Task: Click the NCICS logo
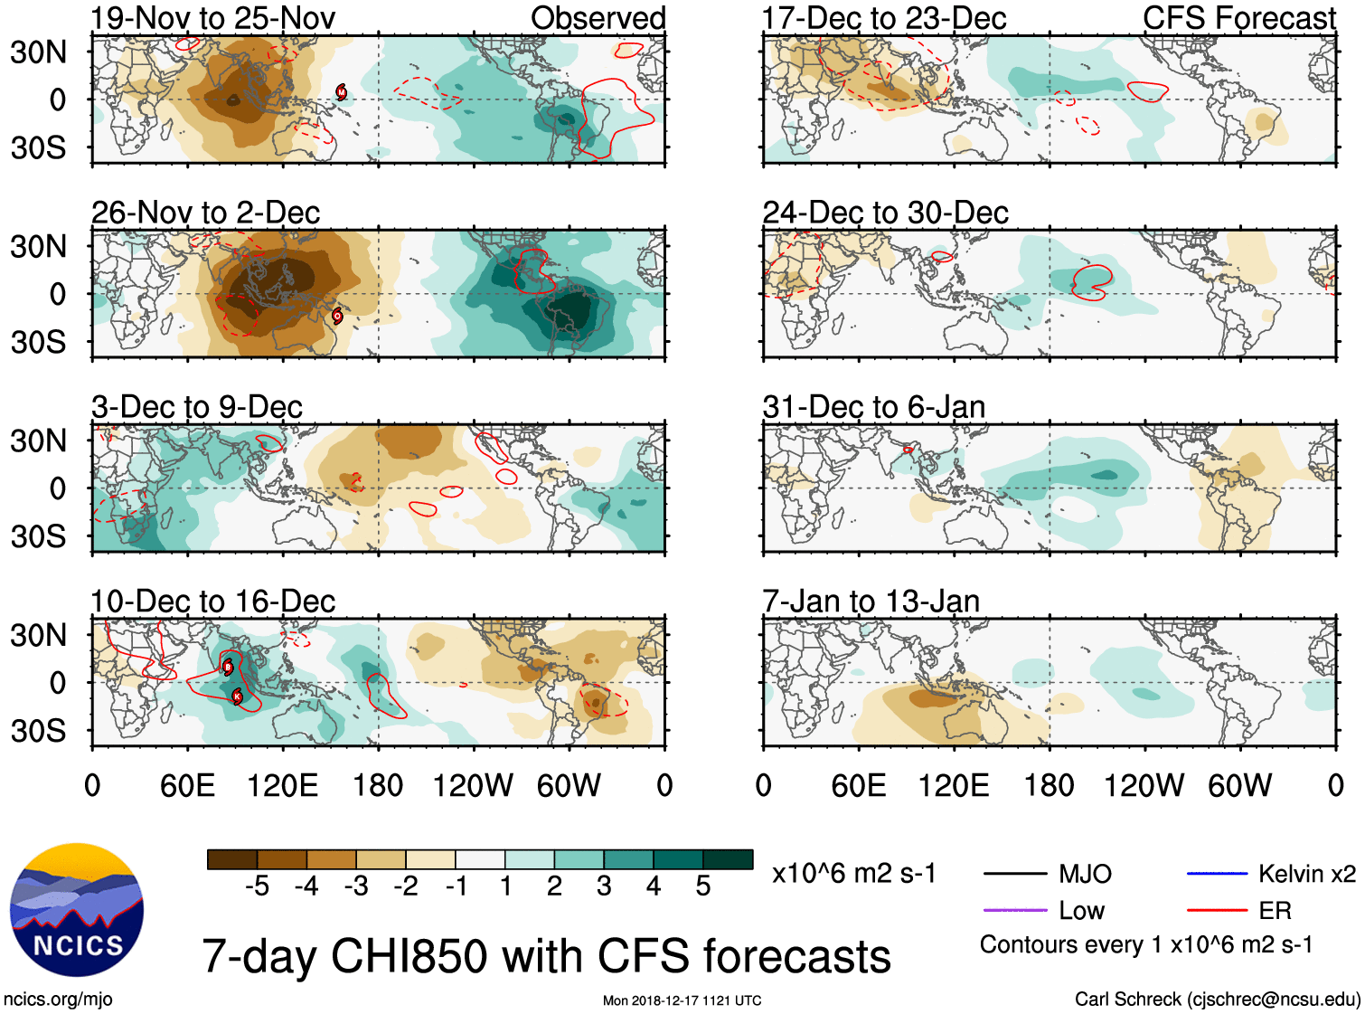click(77, 910)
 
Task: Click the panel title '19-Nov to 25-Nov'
click(213, 18)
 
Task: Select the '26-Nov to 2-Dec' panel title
click(206, 213)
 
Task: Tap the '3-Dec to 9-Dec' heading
click(197, 407)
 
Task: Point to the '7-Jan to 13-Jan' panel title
click(871, 602)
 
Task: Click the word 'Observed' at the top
click(598, 18)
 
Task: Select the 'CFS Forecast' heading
click(1238, 18)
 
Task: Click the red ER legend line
click(1217, 910)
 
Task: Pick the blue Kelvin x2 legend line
click(1217, 874)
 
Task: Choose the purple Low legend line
click(1014, 910)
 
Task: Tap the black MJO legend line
click(1014, 874)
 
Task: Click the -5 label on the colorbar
click(257, 886)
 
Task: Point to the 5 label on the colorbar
click(703, 886)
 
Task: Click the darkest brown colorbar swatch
click(232, 859)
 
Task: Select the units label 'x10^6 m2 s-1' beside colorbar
click(854, 874)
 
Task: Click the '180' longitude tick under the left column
click(378, 785)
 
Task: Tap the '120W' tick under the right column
click(1144, 785)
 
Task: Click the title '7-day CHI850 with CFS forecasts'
click(546, 956)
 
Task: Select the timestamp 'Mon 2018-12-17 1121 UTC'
click(682, 1000)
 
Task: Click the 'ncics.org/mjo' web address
click(58, 1000)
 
